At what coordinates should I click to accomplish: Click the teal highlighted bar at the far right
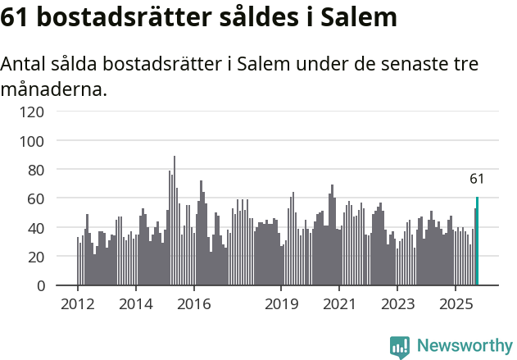click(478, 242)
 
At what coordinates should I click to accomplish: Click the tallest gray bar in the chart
click(175, 221)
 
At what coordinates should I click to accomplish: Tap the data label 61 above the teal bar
click(477, 179)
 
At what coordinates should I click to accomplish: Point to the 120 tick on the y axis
click(34, 112)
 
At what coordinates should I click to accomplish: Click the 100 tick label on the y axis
click(34, 141)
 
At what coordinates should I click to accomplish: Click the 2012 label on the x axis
click(78, 304)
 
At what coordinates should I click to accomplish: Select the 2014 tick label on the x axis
click(136, 304)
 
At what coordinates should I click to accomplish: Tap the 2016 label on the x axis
click(194, 304)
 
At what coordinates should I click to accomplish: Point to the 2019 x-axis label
click(281, 304)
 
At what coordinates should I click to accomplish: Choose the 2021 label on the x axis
click(339, 304)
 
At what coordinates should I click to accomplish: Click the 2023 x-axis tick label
click(397, 304)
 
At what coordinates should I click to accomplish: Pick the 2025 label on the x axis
click(456, 304)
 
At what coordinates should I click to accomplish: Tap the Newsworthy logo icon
click(400, 347)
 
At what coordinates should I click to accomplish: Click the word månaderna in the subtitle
click(54, 89)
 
